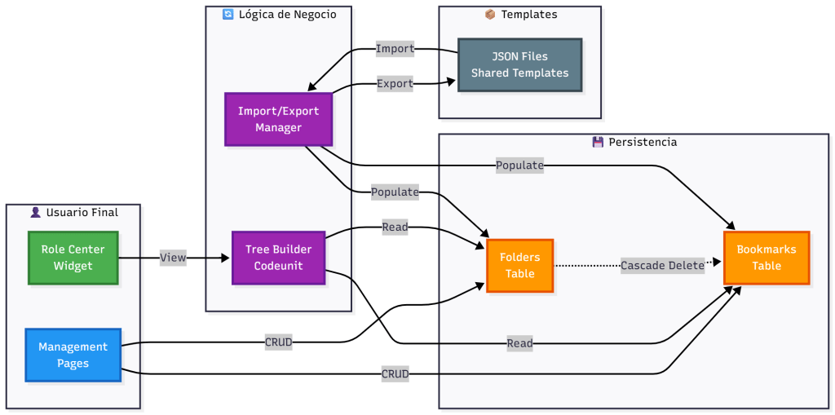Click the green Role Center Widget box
pyautogui.click(x=73, y=258)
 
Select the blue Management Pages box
pyautogui.click(x=73, y=355)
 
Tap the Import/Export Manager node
pyautogui.click(x=278, y=119)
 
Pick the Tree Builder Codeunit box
pyautogui.click(x=278, y=258)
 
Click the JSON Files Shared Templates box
pyautogui.click(x=519, y=64)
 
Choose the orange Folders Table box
pyautogui.click(x=519, y=265)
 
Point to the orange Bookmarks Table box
pyautogui.click(x=767, y=257)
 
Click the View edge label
pyautogui.click(x=173, y=258)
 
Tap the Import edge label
pyautogui.click(x=395, y=49)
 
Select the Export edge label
pyautogui.click(x=395, y=83)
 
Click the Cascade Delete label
pyautogui.click(x=662, y=265)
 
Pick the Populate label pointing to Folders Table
pyautogui.click(x=395, y=192)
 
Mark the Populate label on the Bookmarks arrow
pyautogui.click(x=519, y=166)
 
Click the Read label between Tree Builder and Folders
pyautogui.click(x=395, y=227)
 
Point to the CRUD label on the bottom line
pyautogui.click(x=395, y=374)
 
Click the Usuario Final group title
pyautogui.click(x=80, y=213)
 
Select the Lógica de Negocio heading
pyautogui.click(x=285, y=15)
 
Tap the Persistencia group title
pyautogui.click(x=642, y=142)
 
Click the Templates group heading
pyautogui.click(x=528, y=15)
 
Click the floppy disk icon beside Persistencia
pyautogui.click(x=598, y=142)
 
